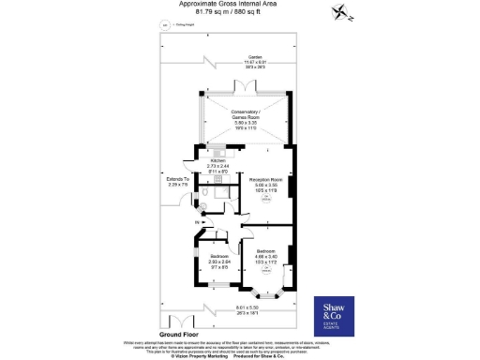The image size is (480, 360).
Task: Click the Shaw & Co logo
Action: click(336, 312)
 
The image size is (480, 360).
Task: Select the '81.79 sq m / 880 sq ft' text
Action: click(239, 13)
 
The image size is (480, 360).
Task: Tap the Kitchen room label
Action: click(218, 160)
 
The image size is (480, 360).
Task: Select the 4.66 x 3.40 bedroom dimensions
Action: click(266, 260)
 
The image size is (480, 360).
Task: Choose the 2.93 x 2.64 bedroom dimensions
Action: click(218, 265)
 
